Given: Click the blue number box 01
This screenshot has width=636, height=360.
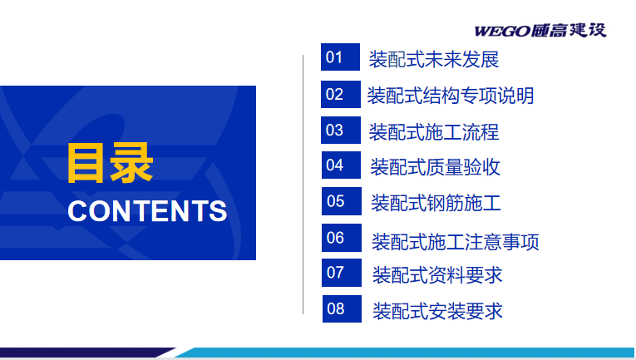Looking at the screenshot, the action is tap(340, 57).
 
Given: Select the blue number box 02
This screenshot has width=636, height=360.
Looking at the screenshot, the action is tap(341, 94).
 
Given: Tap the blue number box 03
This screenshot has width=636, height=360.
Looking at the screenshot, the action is tap(341, 130).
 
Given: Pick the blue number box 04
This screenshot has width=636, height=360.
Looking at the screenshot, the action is tap(341, 165).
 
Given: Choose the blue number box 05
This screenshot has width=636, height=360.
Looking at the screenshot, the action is tap(342, 201).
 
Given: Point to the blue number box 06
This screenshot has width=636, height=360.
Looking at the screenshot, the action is tap(342, 238).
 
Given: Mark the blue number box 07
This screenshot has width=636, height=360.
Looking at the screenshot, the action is tap(342, 273).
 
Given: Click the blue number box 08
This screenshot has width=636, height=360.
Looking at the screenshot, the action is tap(342, 308).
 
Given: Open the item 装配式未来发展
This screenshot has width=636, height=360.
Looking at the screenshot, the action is tap(434, 60).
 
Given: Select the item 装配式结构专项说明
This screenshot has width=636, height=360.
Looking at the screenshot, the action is tap(451, 96).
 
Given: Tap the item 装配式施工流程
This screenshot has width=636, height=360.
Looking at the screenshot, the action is tap(434, 131).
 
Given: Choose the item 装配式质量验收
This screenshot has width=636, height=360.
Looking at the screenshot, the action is tap(435, 167).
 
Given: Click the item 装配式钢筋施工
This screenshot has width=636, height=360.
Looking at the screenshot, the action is tap(436, 203).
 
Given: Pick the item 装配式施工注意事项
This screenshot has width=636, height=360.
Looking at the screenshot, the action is tap(455, 242).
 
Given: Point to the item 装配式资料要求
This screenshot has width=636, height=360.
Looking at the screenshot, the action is tap(437, 275).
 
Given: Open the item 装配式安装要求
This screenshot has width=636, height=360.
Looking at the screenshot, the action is tap(437, 311).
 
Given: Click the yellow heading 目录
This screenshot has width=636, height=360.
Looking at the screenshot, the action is tap(111, 163).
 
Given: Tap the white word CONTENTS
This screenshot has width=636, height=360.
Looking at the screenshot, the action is tap(147, 211).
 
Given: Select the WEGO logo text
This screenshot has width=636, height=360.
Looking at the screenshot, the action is tap(540, 31).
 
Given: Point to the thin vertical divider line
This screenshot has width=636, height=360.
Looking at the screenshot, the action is tap(303, 185).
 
